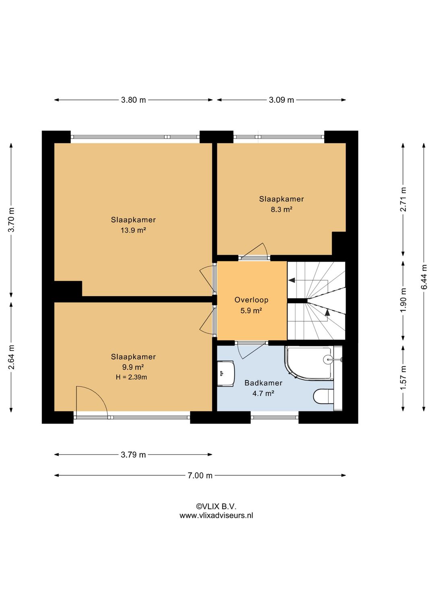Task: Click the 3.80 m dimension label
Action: point(133,100)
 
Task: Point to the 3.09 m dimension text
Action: point(281,100)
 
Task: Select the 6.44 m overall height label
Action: point(424,277)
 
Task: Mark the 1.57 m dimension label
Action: point(403,378)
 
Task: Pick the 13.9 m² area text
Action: point(133,231)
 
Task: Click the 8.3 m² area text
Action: point(281,210)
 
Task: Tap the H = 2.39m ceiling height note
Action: point(131,377)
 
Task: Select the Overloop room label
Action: point(251,300)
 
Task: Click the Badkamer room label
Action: point(263,383)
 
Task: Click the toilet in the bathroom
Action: point(324,396)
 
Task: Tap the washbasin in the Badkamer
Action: point(226,373)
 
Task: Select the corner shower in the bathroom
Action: point(309,363)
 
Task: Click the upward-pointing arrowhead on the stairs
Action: point(327,312)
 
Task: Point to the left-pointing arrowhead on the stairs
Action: point(292,280)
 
